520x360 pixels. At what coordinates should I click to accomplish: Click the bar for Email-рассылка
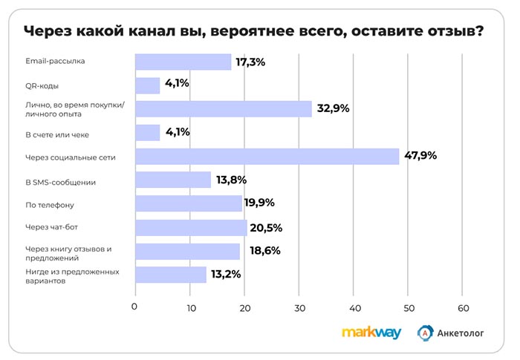pyautogui.click(x=183, y=62)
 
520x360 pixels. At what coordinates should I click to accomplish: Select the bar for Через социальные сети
pyautogui.click(x=267, y=156)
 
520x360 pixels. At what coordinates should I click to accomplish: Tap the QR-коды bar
pyautogui.click(x=147, y=85)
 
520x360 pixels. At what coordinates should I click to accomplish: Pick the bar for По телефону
pyautogui.click(x=188, y=203)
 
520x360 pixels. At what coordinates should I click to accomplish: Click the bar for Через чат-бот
pyautogui.click(x=190, y=227)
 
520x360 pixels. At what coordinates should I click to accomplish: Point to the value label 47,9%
pyautogui.click(x=420, y=156)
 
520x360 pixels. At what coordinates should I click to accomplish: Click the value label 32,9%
pyautogui.click(x=333, y=108)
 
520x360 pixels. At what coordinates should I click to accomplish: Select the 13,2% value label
pyautogui.click(x=225, y=274)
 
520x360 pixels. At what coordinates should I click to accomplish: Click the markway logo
pyautogui.click(x=371, y=333)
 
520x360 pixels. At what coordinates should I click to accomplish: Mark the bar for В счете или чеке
pyautogui.click(x=147, y=132)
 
